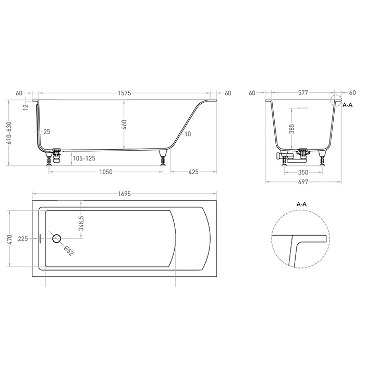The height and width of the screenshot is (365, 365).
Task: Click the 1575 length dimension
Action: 124,93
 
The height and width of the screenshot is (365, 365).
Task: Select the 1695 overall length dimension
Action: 124,193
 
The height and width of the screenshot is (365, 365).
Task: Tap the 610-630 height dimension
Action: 9,133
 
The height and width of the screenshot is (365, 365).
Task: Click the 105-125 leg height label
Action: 84,159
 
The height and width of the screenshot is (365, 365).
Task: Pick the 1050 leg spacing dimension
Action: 106,172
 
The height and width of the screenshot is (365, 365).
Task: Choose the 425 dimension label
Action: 193,172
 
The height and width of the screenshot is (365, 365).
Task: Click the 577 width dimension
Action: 303,93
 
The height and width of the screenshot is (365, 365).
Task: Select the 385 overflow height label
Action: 291,129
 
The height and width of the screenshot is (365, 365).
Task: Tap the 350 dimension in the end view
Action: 303,173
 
